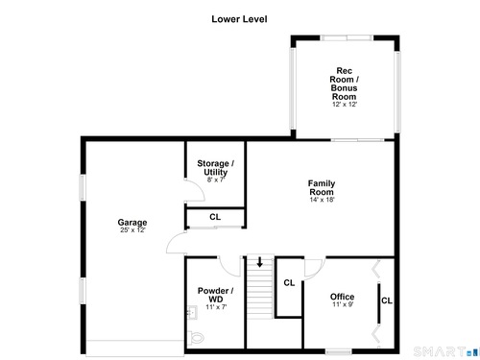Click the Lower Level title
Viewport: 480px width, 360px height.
tap(239, 19)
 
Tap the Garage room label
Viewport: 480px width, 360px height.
tap(132, 222)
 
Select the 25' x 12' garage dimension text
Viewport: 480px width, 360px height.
tap(132, 230)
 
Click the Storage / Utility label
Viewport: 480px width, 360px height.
tap(215, 168)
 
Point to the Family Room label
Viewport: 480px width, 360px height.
tap(322, 187)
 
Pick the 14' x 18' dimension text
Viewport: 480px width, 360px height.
tap(322, 200)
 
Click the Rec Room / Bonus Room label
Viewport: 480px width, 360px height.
tap(344, 84)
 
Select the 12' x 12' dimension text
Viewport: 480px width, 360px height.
tap(345, 105)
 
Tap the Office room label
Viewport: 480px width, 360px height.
tap(342, 297)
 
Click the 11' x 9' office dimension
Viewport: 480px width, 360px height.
tap(343, 304)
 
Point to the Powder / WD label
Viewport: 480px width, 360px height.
tap(215, 295)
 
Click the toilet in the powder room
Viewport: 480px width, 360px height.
tap(195, 337)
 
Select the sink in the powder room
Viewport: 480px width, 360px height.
tap(192, 312)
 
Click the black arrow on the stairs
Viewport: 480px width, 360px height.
tap(260, 262)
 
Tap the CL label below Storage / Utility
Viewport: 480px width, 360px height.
tap(215, 217)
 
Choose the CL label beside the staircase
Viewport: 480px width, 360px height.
tap(289, 283)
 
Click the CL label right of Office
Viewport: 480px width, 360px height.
tap(387, 300)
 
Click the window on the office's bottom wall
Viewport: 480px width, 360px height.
tap(339, 351)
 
